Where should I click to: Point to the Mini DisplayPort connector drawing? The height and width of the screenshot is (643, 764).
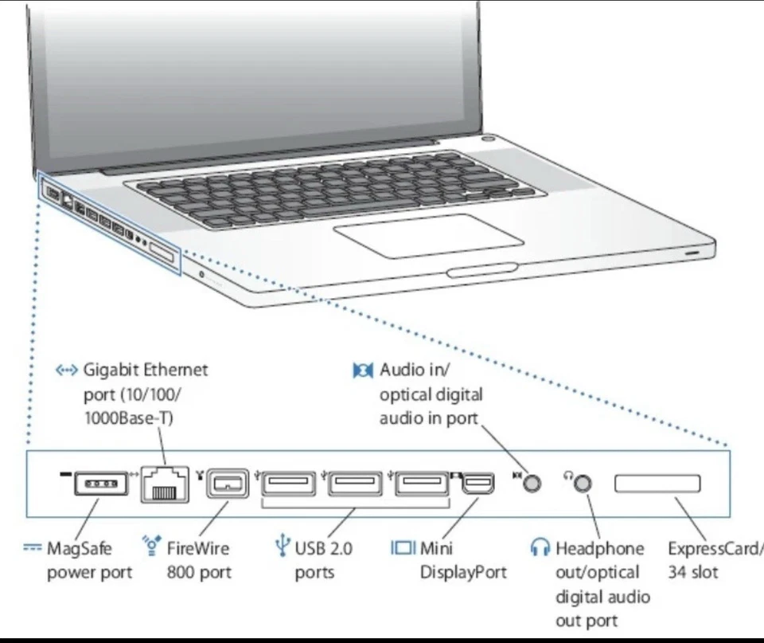(477, 484)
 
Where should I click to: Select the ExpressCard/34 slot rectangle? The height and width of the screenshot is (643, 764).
(657, 484)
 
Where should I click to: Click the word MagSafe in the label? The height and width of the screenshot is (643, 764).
(80, 548)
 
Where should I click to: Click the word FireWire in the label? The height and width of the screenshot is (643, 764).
(197, 548)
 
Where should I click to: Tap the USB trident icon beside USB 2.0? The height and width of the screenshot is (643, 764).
(282, 547)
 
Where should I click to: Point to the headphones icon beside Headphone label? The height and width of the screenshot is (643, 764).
(540, 547)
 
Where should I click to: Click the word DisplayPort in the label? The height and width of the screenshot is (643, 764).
(463, 572)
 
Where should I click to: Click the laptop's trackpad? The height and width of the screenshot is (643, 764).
(428, 235)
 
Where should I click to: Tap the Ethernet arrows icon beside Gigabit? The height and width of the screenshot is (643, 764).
(66, 371)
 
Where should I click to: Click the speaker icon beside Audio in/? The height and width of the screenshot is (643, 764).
(363, 371)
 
